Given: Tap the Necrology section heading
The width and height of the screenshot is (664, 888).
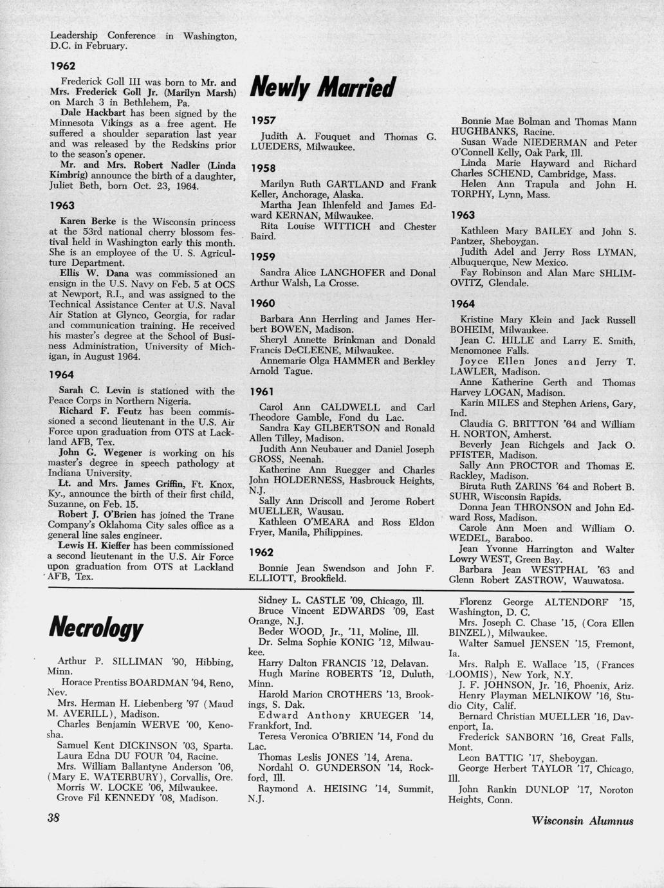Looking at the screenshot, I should click(96, 626).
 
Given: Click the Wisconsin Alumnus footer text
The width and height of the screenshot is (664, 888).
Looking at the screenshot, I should click(582, 820).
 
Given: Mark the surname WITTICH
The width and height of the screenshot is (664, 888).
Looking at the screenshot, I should click(347, 227).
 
